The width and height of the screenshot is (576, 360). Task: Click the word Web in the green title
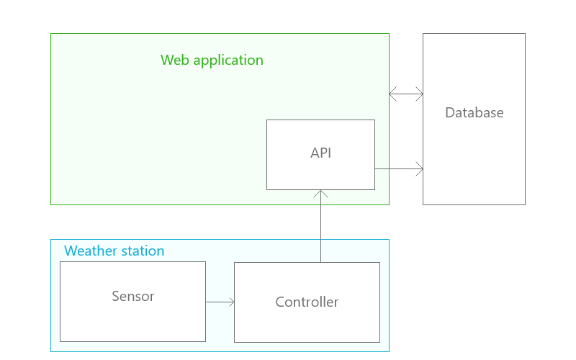tap(175, 60)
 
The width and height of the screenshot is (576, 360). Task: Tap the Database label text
tap(474, 112)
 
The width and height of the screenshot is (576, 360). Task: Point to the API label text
tap(320, 153)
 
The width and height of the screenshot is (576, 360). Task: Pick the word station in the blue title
tap(144, 251)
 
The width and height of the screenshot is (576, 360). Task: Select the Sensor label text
tap(133, 296)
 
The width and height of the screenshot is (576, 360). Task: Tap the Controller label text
tap(307, 302)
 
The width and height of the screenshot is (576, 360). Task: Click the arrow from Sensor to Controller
tap(220, 302)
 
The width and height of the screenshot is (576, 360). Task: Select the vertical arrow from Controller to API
tap(320, 226)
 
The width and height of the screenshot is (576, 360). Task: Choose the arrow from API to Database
tap(399, 169)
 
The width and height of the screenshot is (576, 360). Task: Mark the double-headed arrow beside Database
tap(406, 94)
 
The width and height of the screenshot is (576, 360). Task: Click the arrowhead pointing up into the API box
tap(320, 192)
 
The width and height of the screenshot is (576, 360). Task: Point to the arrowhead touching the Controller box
tap(232, 302)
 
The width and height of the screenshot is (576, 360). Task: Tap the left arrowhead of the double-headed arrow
tap(392, 94)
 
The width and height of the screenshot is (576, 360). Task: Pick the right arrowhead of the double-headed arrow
tap(420, 94)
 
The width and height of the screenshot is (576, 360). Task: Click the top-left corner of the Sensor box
tap(60, 261)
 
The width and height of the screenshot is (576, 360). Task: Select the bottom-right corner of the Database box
tap(525, 204)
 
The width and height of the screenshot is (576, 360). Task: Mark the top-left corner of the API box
tap(266, 120)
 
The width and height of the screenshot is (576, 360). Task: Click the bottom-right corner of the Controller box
tap(379, 342)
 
